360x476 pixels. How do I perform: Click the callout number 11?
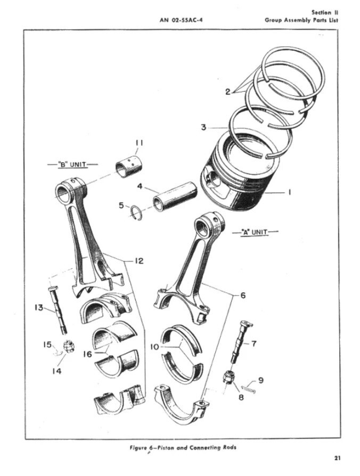point(140,143)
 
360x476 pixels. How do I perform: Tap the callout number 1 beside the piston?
point(289,193)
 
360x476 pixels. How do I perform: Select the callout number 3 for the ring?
point(203,127)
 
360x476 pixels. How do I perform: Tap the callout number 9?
point(260,380)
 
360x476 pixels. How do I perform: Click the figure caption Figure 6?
point(181,447)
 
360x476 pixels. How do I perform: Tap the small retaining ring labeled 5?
point(137,212)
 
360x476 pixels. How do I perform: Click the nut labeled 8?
point(227,379)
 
